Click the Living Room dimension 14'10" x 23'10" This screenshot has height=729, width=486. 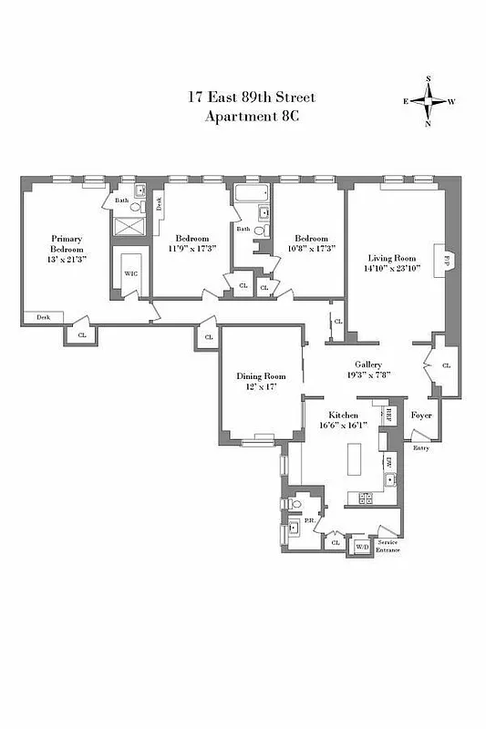tap(393, 268)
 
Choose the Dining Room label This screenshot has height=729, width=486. tap(261, 376)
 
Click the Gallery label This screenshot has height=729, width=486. tap(367, 364)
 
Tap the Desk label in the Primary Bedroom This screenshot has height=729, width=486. tap(43, 317)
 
